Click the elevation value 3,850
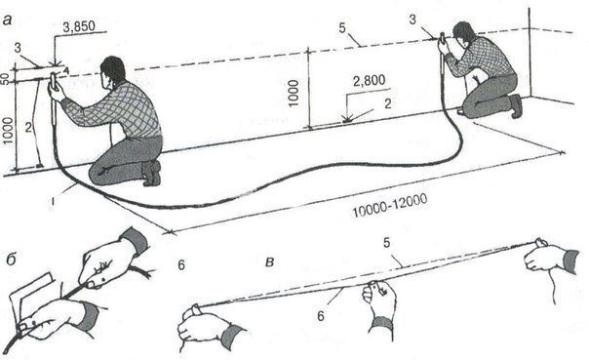pos(79,26)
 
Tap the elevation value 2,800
pos(370,80)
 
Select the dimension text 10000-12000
pos(389,206)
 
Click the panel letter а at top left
pos(7,20)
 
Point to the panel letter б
pos(11,259)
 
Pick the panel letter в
pos(269,262)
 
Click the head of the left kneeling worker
pos(112,71)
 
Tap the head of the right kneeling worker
pos(464,33)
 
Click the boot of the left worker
pos(152,173)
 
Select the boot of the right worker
pos(516,106)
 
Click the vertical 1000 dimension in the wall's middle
pos(294,94)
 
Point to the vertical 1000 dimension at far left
pos(8,131)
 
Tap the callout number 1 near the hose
pos(54,202)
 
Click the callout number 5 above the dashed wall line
pos(342,28)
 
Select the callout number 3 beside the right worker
pos(412,20)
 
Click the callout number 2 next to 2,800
pos(388,103)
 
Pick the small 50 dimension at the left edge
pos(5,79)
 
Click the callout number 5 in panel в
pos(387,243)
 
